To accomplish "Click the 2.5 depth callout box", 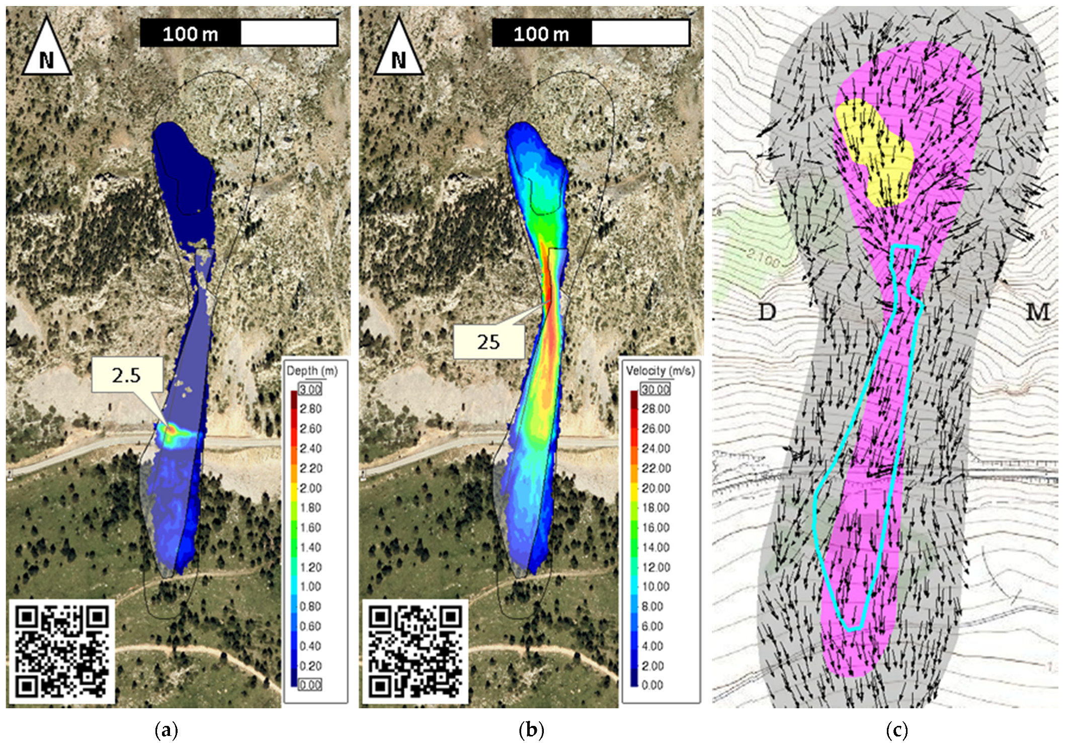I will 127,375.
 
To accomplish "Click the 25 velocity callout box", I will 488,342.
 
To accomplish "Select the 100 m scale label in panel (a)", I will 190,34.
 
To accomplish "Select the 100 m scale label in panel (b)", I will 541,34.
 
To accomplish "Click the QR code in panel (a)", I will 61,651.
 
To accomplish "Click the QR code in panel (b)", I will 415,651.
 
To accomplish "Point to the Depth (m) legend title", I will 312,371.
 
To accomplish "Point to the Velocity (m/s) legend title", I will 660,371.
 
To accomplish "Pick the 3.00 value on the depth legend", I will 310,389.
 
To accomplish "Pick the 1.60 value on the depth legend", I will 310,527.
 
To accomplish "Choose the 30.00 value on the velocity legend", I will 655,389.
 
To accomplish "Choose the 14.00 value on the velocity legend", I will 656,547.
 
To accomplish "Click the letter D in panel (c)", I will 767,312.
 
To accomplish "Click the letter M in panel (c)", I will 1037,312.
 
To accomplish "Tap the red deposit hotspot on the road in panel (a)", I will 171,430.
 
